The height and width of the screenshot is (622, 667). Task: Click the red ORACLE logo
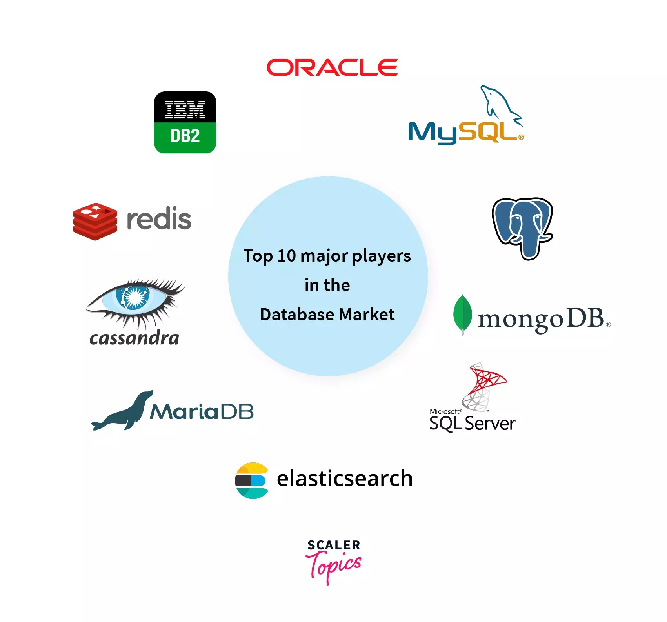point(332,67)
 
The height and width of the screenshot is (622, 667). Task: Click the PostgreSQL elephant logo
point(522,227)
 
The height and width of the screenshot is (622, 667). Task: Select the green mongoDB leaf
point(462,314)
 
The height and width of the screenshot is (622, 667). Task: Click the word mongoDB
point(541,319)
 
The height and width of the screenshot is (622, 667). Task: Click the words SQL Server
point(472,424)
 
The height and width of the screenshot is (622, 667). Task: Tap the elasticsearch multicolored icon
point(252,480)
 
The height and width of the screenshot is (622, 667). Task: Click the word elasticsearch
point(345,478)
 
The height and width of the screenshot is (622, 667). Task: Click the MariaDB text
point(202,412)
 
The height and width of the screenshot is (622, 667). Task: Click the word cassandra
point(134,338)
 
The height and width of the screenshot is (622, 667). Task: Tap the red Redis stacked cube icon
point(95,221)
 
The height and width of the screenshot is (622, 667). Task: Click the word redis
point(159,219)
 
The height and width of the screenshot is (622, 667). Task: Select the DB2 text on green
point(185,136)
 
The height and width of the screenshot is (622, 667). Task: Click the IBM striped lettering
point(185,109)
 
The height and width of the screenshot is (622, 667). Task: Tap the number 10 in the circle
point(286,256)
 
